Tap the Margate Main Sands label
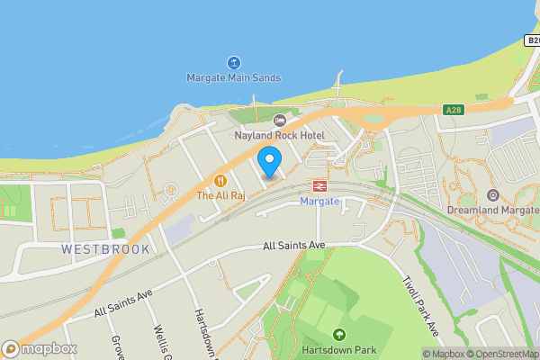click(233, 78)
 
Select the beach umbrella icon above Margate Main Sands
click(233, 63)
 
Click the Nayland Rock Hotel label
click(279, 135)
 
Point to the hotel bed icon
click(279, 120)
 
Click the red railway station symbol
click(319, 186)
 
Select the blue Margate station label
click(319, 201)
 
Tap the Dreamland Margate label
click(492, 211)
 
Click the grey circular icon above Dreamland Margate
click(492, 194)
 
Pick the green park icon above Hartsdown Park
click(338, 334)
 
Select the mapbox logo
click(38, 349)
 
